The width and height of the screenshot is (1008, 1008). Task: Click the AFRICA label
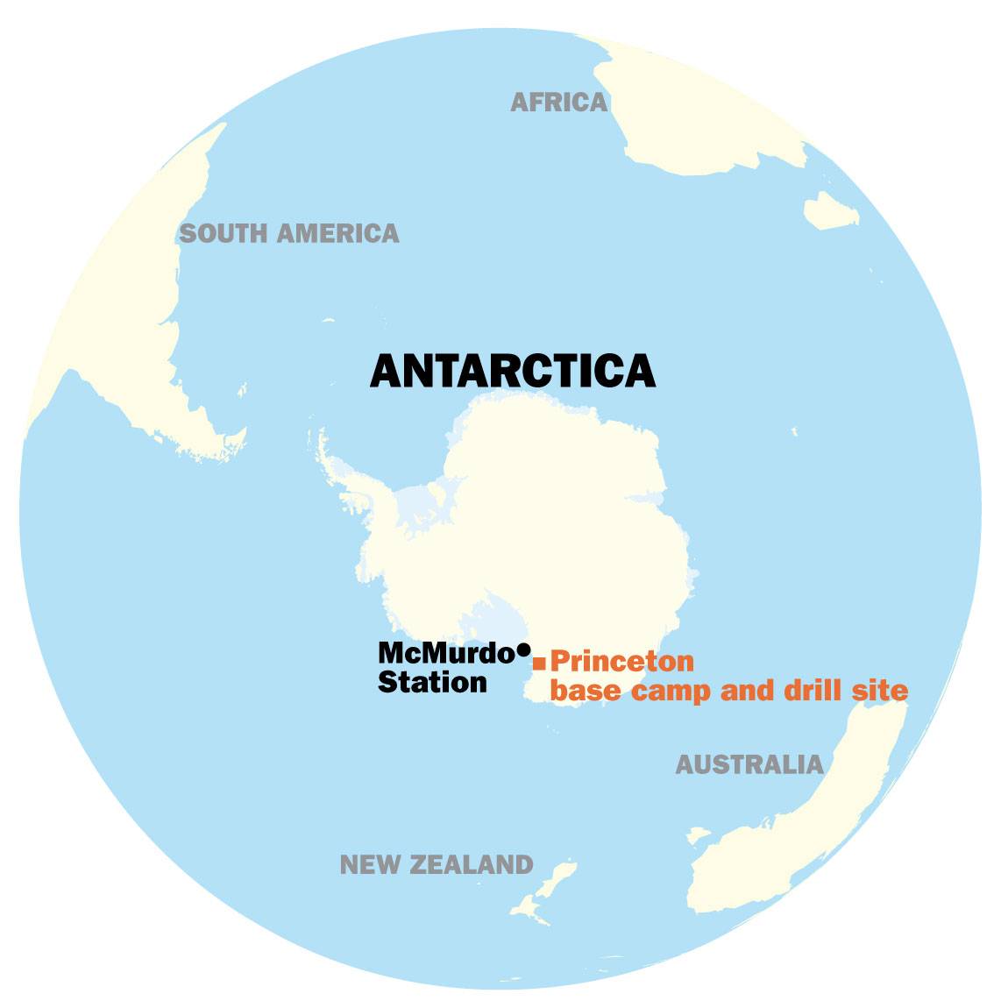[x=558, y=103]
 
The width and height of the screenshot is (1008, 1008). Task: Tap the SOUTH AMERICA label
[x=288, y=233]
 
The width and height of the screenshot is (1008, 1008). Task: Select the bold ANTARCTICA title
[x=513, y=371]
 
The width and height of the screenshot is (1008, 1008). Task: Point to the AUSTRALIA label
[x=749, y=764]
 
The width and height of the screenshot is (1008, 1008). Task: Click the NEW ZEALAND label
[x=437, y=865]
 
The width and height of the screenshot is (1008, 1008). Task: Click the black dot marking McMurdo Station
[x=523, y=650]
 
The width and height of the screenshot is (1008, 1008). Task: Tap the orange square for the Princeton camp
[x=539, y=663]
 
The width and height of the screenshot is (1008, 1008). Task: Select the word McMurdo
[x=445, y=653]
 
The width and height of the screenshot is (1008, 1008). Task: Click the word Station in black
[x=432, y=682]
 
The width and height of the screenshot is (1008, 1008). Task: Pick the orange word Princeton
[x=621, y=661]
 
